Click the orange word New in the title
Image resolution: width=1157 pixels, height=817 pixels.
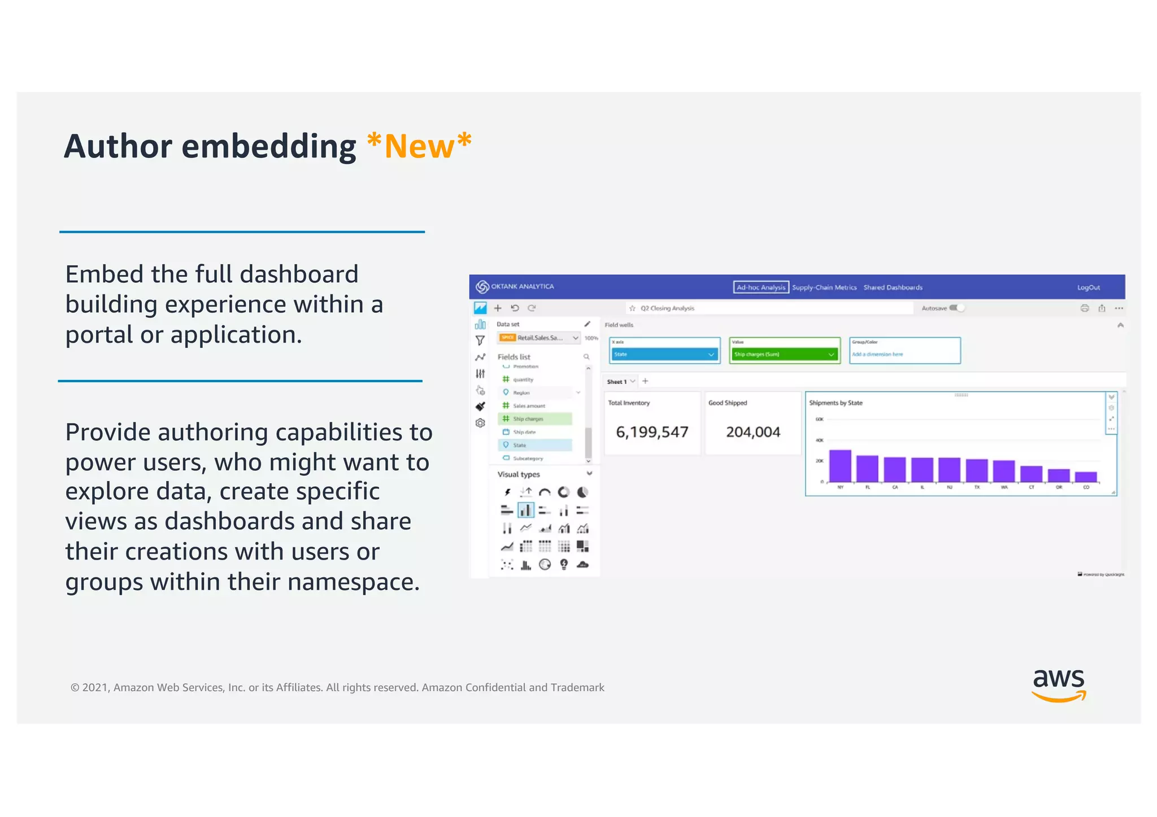(x=419, y=147)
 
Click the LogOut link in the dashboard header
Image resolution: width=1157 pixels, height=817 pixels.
(x=1088, y=287)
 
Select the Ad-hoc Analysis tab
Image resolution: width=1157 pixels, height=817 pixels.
(x=760, y=287)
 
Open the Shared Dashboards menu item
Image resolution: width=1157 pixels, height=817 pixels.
(x=893, y=287)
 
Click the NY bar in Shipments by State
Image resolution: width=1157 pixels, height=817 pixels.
(x=840, y=466)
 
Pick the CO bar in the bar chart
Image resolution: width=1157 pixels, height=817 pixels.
(x=1086, y=477)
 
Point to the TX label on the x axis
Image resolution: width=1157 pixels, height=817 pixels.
(x=977, y=487)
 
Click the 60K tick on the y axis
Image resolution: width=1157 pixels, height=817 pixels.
(x=819, y=419)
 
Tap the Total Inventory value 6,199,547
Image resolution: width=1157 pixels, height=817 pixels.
(x=652, y=432)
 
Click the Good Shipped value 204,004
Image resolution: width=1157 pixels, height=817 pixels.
(x=753, y=432)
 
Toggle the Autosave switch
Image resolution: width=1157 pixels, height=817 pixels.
(x=957, y=308)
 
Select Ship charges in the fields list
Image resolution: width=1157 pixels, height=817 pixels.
(x=528, y=419)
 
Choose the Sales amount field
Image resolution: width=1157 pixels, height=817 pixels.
(x=529, y=406)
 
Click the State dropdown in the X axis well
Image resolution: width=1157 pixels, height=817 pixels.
(x=664, y=355)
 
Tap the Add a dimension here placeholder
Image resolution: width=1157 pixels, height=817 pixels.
(x=877, y=355)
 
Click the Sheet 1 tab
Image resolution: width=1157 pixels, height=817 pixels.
(x=617, y=382)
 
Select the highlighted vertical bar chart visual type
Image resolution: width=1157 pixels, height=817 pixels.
(x=525, y=510)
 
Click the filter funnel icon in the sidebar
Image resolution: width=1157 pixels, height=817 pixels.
(x=480, y=340)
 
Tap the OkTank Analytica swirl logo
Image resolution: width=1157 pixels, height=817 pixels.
(x=482, y=287)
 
